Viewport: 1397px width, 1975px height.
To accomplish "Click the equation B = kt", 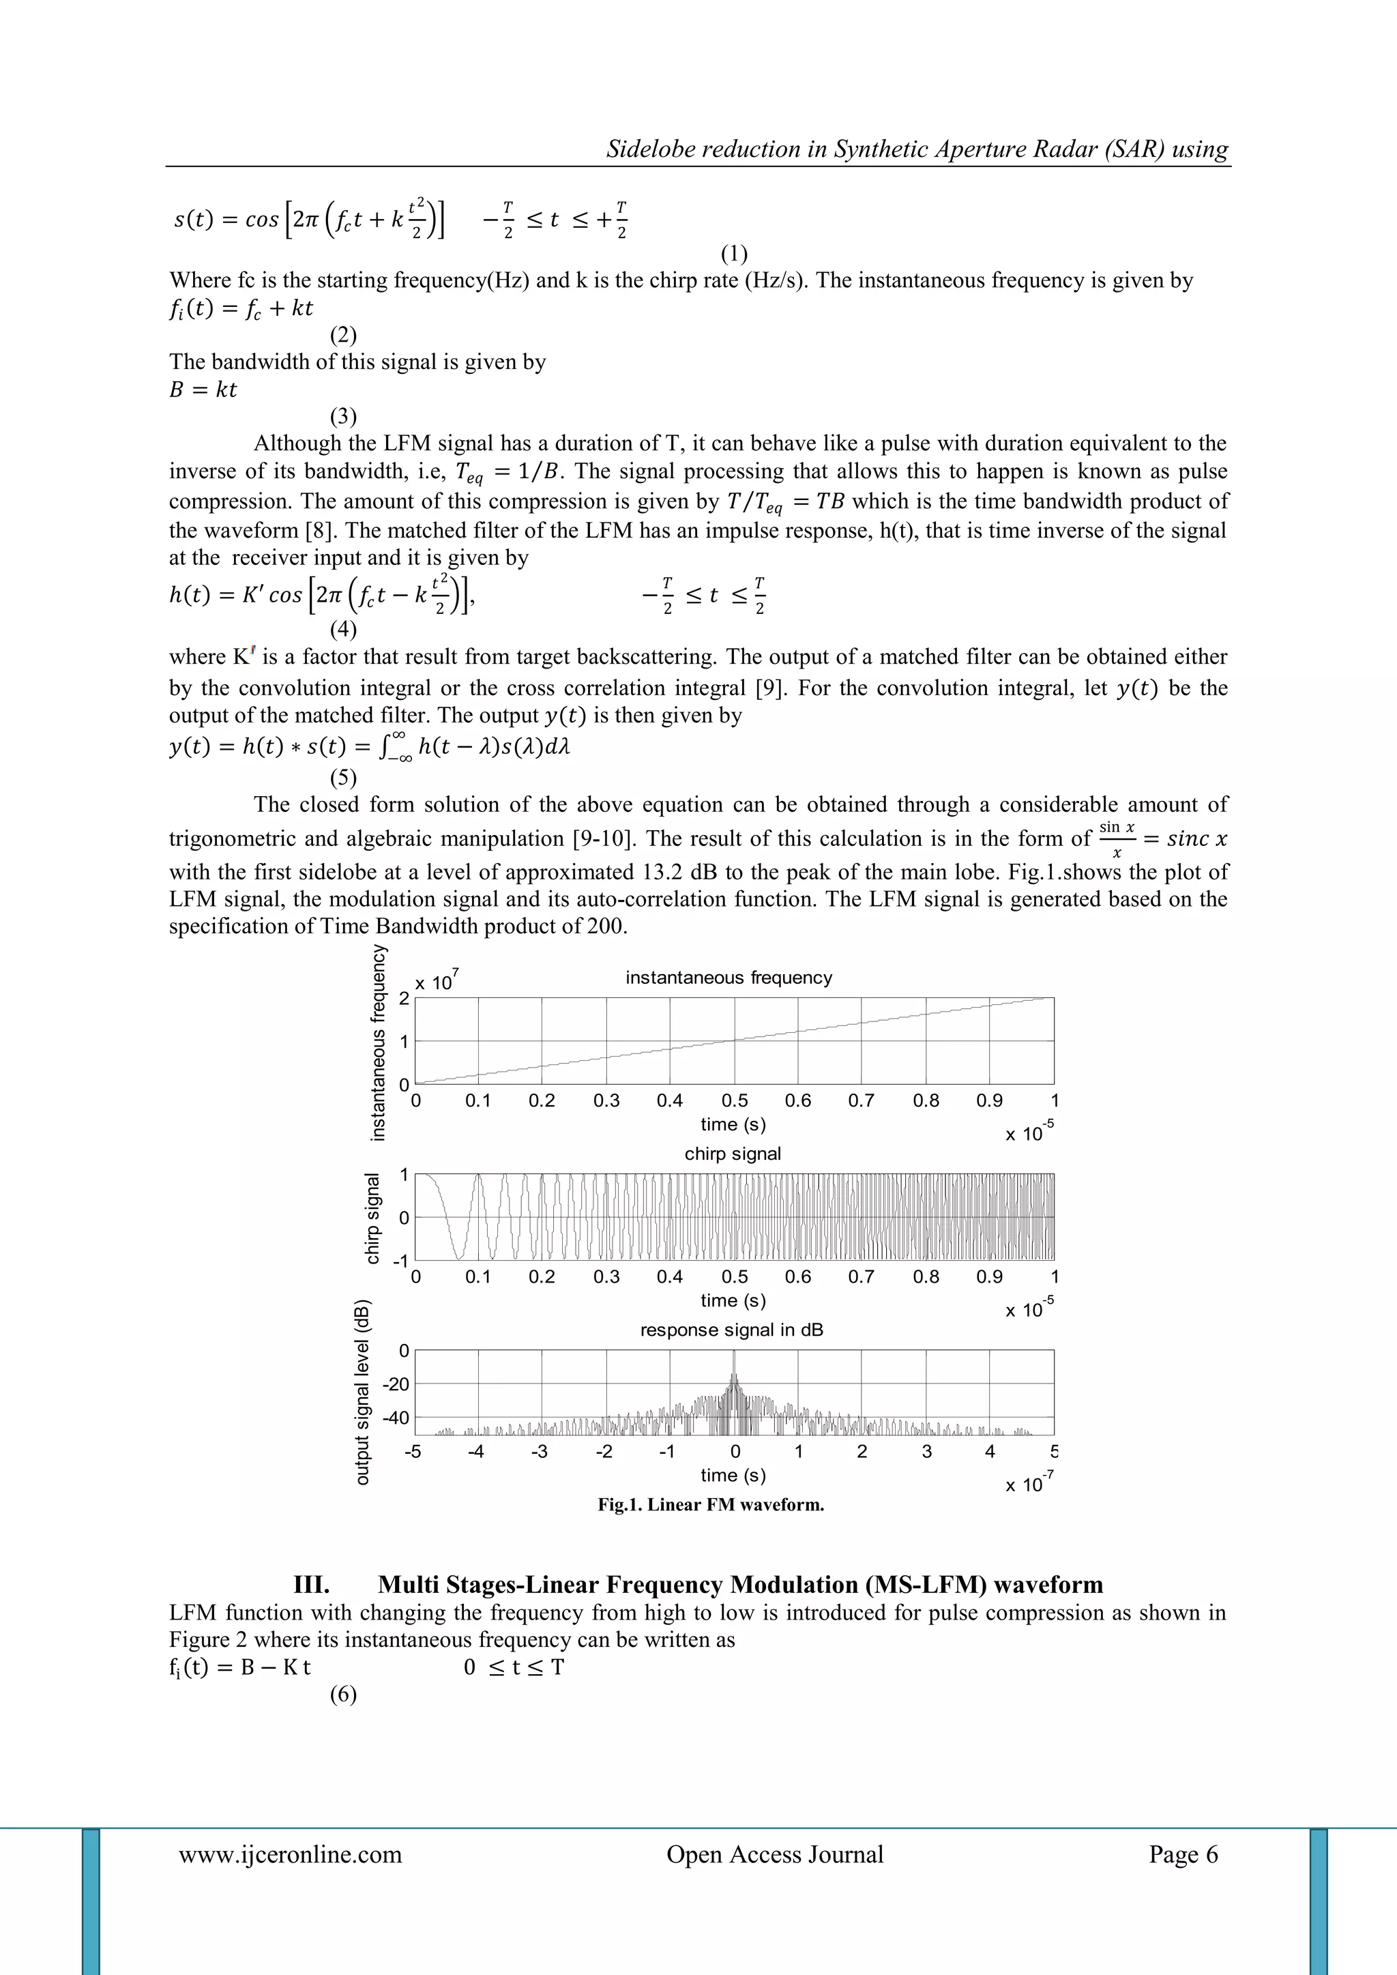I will pyautogui.click(x=203, y=390).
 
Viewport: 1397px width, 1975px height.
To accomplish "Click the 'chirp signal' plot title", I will pyautogui.click(x=732, y=1154).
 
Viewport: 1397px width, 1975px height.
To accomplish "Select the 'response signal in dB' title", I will pyautogui.click(x=731, y=1330).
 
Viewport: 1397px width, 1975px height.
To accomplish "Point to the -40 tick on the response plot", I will pyautogui.click(x=396, y=1418).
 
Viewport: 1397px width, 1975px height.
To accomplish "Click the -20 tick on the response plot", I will pyautogui.click(x=396, y=1384).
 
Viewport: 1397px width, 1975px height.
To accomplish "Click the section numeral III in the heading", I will pyautogui.click(x=312, y=1585).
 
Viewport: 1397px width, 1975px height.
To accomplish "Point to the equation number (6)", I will pyautogui.click(x=343, y=1695).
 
